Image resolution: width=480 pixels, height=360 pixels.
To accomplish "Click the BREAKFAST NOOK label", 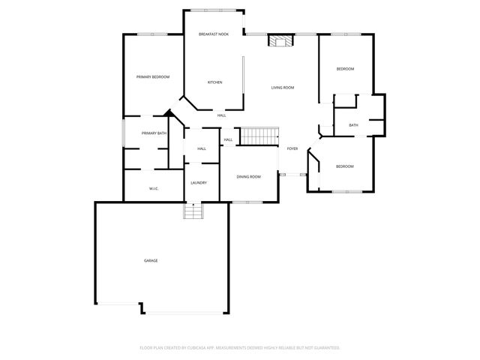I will [x=213, y=34].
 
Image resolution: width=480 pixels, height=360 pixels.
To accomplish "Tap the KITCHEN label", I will [x=214, y=82].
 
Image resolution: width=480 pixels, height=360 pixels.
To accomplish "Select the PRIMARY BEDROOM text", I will [x=152, y=77].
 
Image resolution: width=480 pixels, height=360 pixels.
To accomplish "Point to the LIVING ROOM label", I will [x=282, y=88].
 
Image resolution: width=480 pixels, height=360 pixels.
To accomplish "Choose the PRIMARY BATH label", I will [x=154, y=133].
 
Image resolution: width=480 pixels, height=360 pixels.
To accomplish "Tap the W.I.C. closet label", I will [x=152, y=188].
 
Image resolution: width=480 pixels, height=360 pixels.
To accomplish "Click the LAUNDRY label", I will [x=199, y=183].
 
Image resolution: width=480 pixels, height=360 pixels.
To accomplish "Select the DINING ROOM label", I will [x=248, y=176].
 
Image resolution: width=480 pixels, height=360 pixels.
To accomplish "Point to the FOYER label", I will [x=292, y=148].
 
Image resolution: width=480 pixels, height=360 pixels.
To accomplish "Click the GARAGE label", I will [x=151, y=260].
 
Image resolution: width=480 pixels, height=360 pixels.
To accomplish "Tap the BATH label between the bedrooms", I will [x=352, y=125].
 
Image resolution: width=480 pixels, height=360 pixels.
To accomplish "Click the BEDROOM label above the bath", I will [x=344, y=69].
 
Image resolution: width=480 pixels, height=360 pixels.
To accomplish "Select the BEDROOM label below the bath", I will [x=344, y=166].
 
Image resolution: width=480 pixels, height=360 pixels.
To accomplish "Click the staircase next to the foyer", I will [x=259, y=136].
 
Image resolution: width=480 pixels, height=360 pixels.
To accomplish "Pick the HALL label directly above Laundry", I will [x=202, y=148].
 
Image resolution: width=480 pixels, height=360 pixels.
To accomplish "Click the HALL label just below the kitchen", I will [x=221, y=115].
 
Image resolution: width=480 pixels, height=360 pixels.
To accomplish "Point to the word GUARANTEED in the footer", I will [x=325, y=348].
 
